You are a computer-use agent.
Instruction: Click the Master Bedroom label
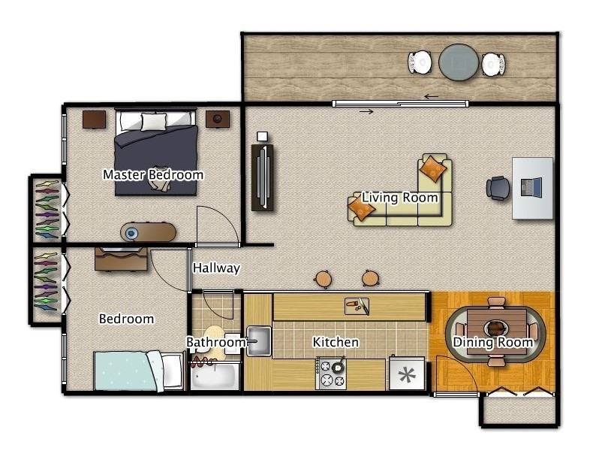(x=153, y=175)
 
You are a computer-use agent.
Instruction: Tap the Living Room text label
(x=400, y=198)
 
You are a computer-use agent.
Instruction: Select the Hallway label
(x=216, y=268)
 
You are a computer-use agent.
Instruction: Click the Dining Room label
(x=492, y=343)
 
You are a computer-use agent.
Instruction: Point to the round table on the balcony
(x=458, y=62)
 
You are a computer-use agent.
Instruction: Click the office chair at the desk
(x=498, y=187)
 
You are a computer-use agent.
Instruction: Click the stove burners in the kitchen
(x=331, y=374)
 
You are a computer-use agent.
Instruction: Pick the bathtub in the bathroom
(x=214, y=375)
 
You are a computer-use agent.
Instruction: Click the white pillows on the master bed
(x=154, y=120)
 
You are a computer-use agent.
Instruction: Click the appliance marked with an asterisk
(x=406, y=374)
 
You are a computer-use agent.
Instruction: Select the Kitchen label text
(x=336, y=343)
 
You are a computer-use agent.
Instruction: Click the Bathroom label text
(x=216, y=343)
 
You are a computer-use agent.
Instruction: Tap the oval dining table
(x=495, y=329)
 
